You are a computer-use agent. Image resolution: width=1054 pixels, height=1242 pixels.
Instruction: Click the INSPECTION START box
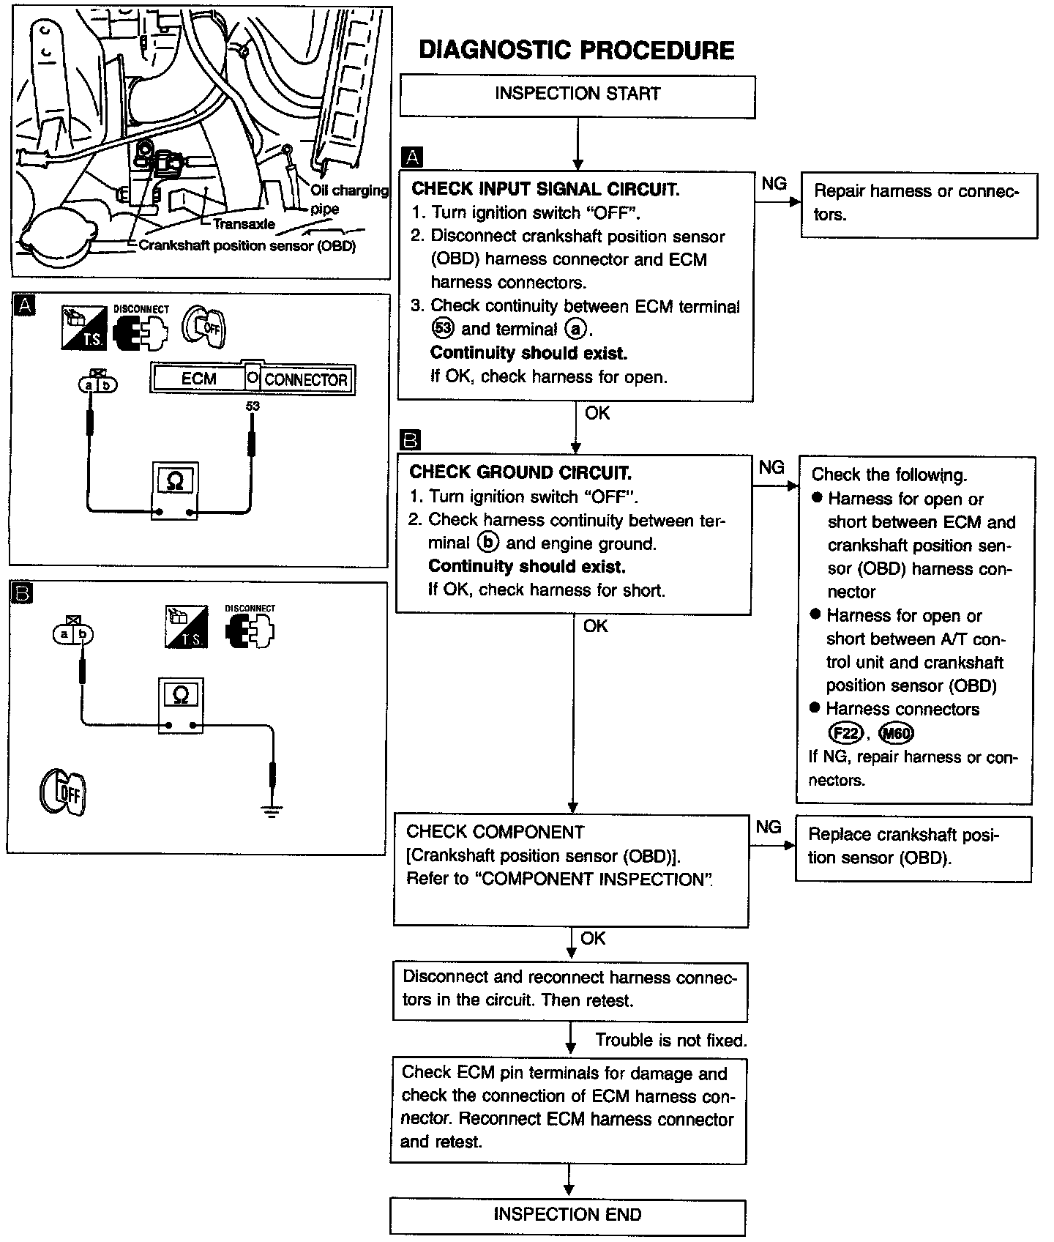point(577,94)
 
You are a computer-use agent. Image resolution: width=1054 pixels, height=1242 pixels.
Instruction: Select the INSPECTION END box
point(567,1215)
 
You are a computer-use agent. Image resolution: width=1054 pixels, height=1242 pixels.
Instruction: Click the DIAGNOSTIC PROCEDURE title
point(576,50)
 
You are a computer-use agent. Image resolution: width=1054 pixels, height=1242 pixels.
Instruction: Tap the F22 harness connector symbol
point(845,733)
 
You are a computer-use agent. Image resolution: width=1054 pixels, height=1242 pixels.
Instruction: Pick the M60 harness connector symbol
point(897,733)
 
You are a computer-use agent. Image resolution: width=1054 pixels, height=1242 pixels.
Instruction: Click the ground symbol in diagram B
point(272,810)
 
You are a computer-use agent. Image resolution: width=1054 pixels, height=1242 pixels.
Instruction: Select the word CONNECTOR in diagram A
point(305,380)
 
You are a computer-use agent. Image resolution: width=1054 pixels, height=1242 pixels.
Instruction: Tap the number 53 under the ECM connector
point(253,406)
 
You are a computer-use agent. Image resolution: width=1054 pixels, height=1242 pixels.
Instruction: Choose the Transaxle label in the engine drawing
point(244,224)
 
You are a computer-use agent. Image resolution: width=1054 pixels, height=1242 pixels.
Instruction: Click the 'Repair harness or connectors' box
point(919,204)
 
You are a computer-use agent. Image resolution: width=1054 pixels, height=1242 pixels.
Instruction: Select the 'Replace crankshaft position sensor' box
point(913,848)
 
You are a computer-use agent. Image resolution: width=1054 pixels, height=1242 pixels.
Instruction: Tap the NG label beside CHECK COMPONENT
point(768,827)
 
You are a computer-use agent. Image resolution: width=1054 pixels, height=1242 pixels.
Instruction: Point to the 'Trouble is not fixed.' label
point(670,1040)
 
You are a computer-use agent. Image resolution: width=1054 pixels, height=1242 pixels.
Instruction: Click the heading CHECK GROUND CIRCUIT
point(520,472)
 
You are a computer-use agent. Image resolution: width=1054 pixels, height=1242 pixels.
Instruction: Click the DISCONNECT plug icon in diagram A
point(141,330)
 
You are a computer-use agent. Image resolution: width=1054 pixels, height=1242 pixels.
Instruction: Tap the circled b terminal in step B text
point(487,543)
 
